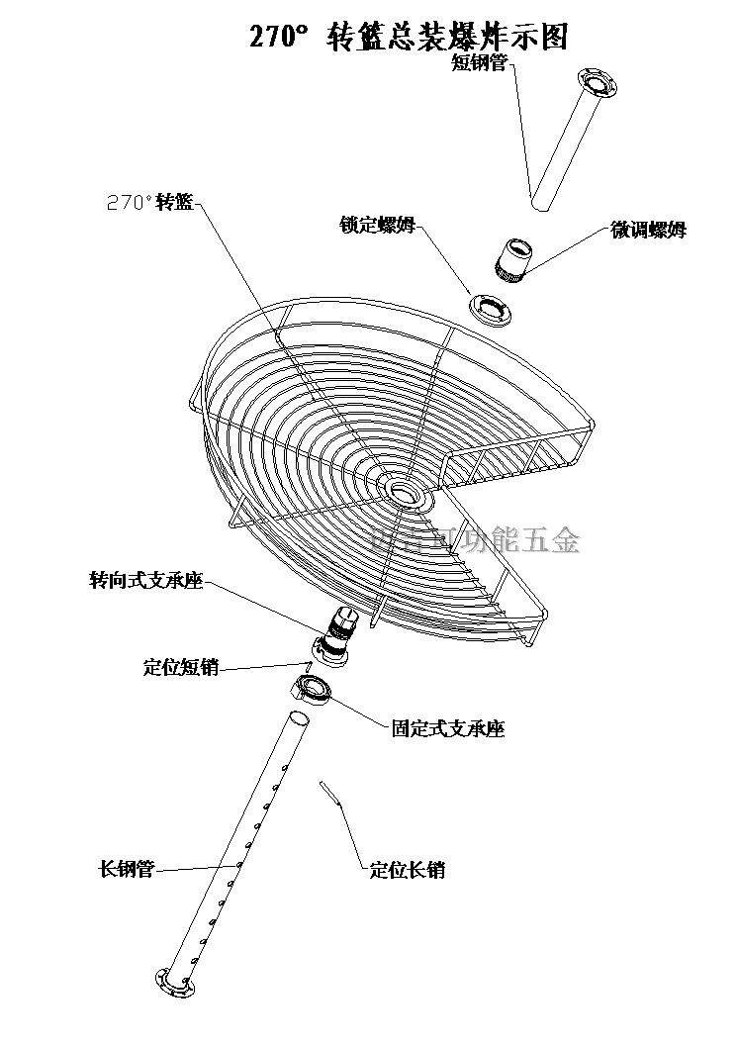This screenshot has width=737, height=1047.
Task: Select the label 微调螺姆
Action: [648, 231]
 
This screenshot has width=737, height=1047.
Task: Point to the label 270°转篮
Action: [148, 202]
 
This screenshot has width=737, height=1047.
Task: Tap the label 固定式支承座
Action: [448, 729]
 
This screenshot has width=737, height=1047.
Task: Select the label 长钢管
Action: [126, 870]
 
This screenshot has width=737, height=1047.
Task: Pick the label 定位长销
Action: [407, 870]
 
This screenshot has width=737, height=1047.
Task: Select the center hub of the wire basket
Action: [402, 490]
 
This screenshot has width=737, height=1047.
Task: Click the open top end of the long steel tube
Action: [300, 716]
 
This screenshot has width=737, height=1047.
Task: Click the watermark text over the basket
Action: [475, 539]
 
